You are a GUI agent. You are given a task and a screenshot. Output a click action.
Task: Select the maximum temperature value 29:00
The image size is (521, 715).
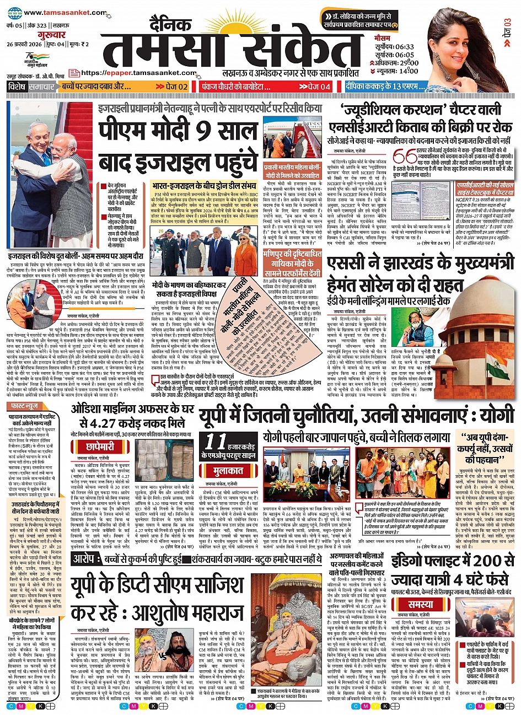pos(406,63)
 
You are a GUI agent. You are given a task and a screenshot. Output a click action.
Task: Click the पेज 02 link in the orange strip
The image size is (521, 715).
pos(172,87)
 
